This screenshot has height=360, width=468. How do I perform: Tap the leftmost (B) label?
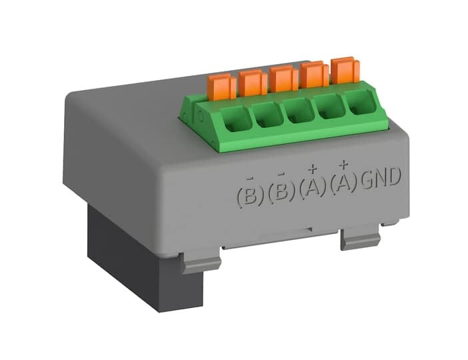tap(248, 195)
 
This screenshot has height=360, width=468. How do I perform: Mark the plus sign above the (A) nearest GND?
tap(344, 163)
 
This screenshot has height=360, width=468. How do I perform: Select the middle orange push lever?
tap(283, 78)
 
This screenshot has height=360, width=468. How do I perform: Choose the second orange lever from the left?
tap(253, 82)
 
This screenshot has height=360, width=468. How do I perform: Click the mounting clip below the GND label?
tap(361, 237)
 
